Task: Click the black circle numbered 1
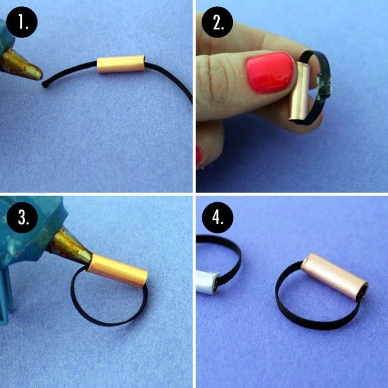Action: point(22,22)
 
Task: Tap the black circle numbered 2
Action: point(217,22)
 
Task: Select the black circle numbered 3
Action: point(22,217)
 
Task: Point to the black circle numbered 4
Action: point(217,217)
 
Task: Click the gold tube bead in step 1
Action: point(121,64)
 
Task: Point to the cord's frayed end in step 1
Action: point(45,85)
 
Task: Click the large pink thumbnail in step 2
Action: point(270,72)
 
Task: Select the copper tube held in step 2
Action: point(299,91)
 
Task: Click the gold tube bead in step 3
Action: point(117,270)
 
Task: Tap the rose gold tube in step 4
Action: point(335,277)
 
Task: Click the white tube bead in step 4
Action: point(207,282)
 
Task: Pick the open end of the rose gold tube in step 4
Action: point(362,293)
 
